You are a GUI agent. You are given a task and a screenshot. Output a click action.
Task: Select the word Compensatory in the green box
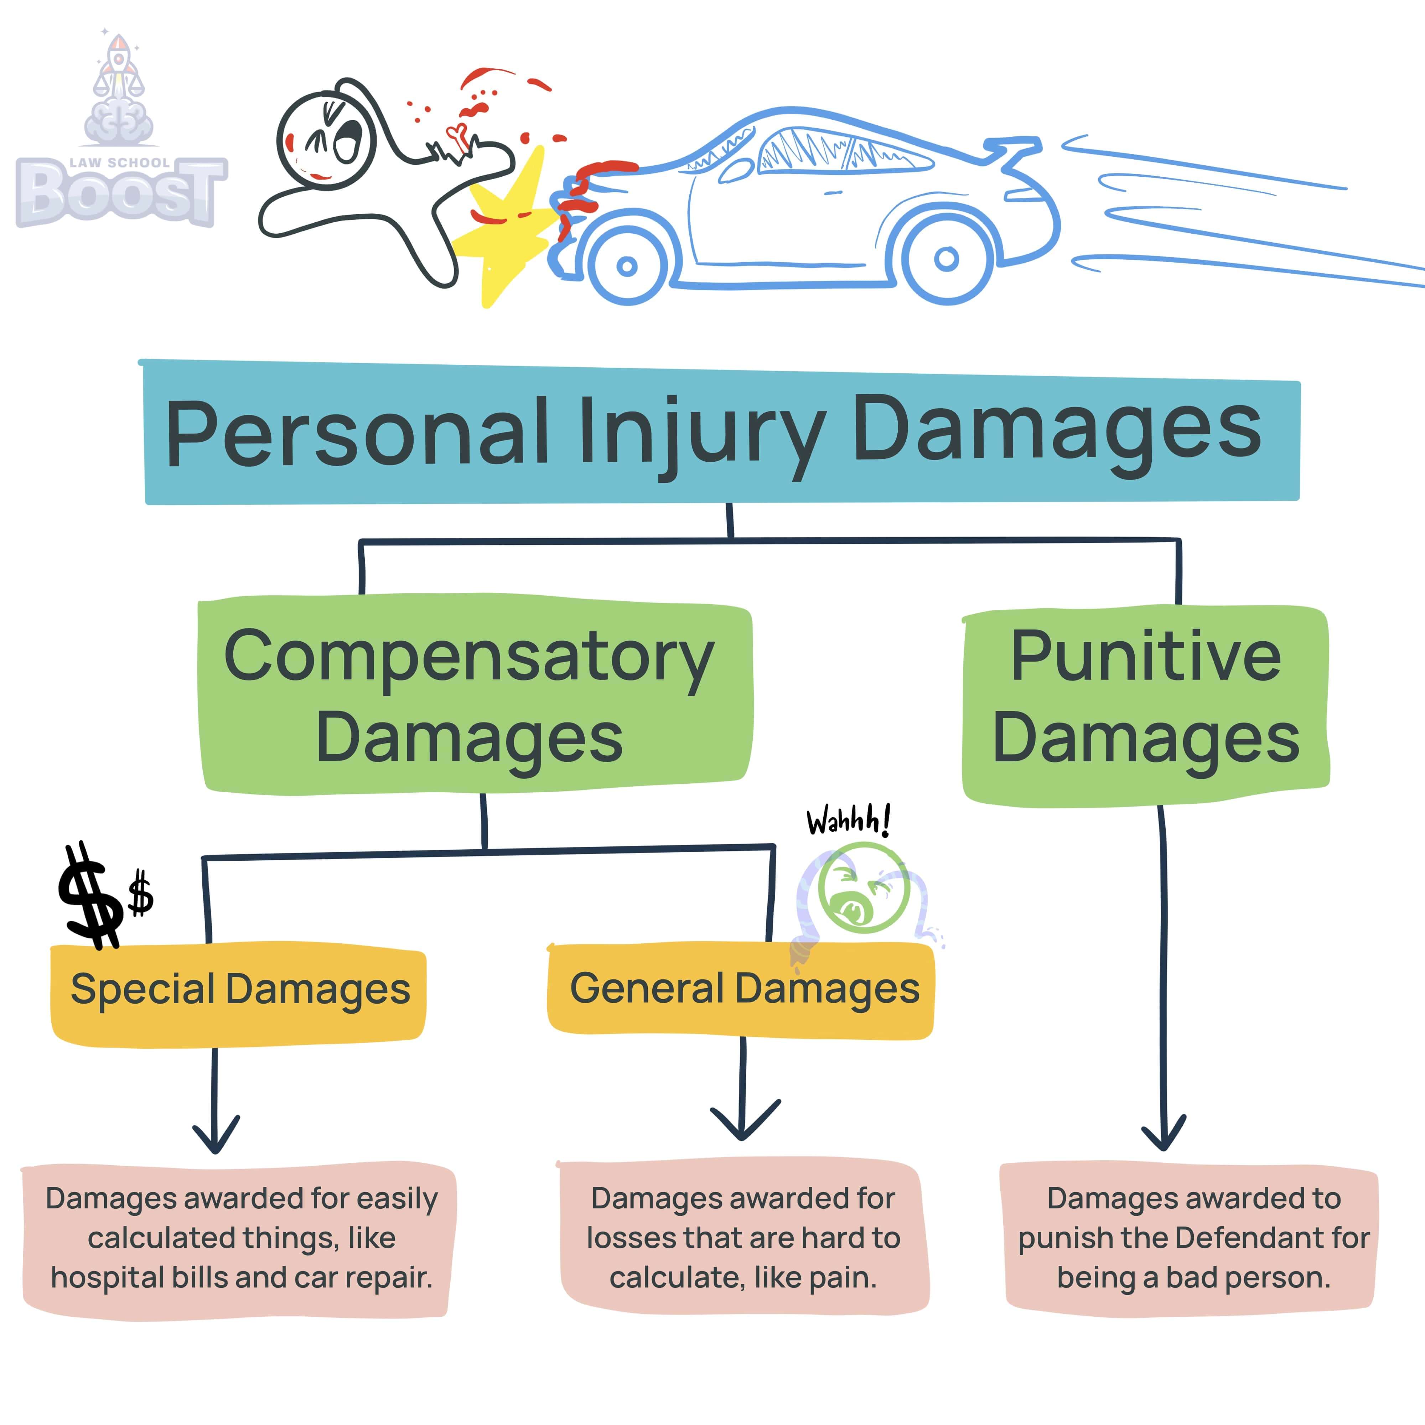click(x=469, y=657)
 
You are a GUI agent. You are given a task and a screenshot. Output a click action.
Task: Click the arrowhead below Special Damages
click(x=216, y=1136)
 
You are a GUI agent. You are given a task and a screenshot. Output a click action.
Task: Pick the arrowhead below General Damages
click(x=743, y=1121)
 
